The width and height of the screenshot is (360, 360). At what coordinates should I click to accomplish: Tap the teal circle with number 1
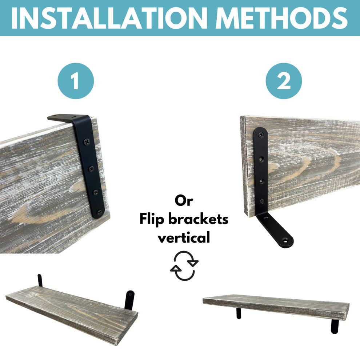76,81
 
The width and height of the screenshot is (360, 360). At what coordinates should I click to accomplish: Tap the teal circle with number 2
284,81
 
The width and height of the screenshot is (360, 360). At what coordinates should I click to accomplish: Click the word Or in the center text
184,200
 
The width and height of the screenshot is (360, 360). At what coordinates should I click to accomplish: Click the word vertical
184,238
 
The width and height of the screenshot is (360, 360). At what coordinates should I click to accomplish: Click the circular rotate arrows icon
184,266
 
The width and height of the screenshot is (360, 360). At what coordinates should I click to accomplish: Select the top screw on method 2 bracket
261,135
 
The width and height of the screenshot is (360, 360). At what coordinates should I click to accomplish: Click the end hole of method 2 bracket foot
285,240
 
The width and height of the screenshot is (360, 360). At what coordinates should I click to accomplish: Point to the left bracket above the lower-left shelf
40,280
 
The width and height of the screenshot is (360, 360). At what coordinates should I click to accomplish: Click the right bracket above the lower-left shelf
129,300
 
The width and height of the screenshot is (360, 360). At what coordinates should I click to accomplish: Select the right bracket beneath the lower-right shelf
335,326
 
